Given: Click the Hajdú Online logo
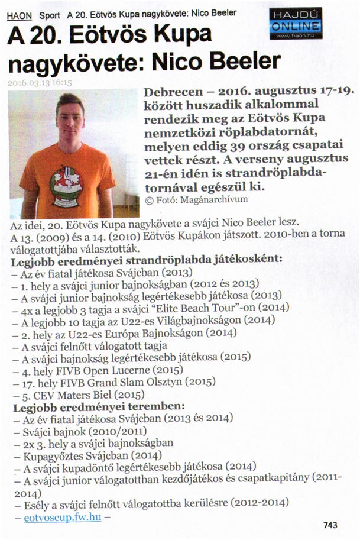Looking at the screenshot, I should point(295,23).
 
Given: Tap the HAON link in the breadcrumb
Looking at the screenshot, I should point(20,14).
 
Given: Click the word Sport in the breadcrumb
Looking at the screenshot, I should point(50,14).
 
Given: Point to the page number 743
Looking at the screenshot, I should point(332,524).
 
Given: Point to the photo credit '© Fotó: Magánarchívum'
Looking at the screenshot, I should point(196,200).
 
